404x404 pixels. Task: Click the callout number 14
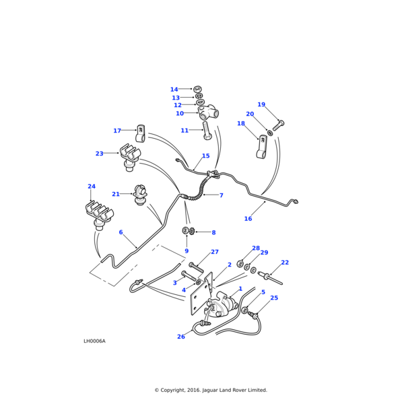pos(174,90)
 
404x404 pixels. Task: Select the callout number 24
pos(92,187)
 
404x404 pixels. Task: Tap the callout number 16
pos(248,219)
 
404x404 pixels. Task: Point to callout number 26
pos(180,337)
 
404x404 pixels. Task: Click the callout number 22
pos(285,263)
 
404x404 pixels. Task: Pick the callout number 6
pos(121,232)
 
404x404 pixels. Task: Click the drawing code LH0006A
pos(94,341)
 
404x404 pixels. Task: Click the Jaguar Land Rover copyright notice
pos(211,390)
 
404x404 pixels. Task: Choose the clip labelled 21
pos(141,195)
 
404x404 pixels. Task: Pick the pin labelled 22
pos(275,275)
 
